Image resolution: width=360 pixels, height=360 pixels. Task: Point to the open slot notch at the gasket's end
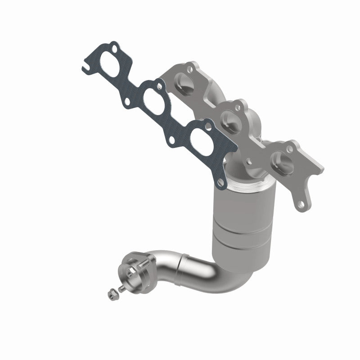coord(84,68)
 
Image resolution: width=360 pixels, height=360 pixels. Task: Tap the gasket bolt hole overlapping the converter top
coord(220,182)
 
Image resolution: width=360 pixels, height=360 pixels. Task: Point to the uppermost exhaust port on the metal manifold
coord(185,83)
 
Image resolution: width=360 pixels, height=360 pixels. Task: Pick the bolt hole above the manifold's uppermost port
coord(191,70)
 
